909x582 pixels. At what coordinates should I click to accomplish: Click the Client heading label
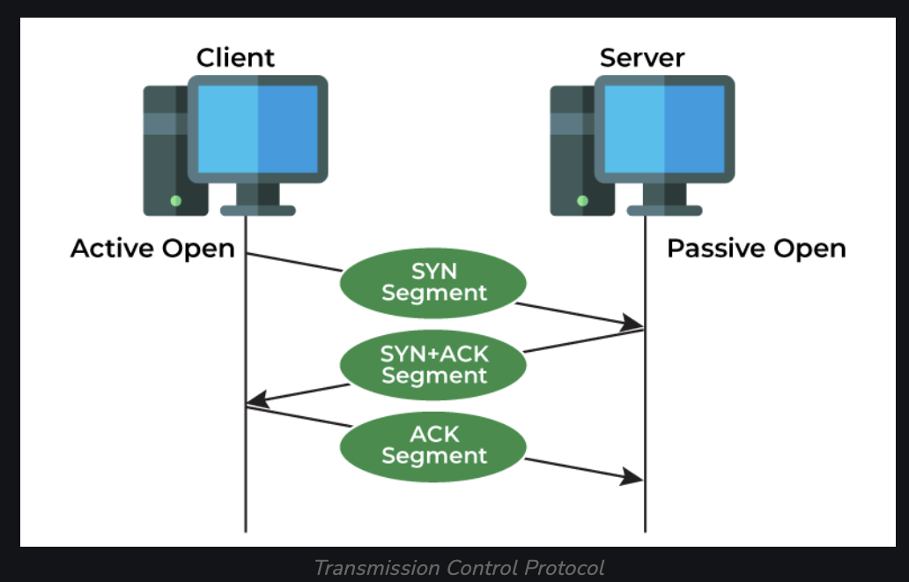[235, 58]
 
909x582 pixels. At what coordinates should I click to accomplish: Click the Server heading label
[642, 58]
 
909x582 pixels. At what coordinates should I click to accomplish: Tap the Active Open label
[152, 249]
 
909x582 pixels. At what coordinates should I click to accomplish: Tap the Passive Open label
[756, 249]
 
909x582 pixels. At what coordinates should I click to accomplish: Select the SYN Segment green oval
[434, 281]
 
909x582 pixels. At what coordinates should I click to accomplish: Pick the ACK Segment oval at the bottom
[434, 444]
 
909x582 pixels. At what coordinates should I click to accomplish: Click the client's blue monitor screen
[257, 129]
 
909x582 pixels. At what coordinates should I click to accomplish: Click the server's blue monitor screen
[664, 129]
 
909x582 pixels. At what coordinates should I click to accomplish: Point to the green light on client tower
[175, 201]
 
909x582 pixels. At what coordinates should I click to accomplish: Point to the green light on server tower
[582, 201]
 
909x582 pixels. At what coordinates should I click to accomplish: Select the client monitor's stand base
[257, 210]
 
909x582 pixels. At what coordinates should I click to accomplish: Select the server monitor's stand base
[664, 210]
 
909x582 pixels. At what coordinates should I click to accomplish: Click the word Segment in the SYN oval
[434, 293]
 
